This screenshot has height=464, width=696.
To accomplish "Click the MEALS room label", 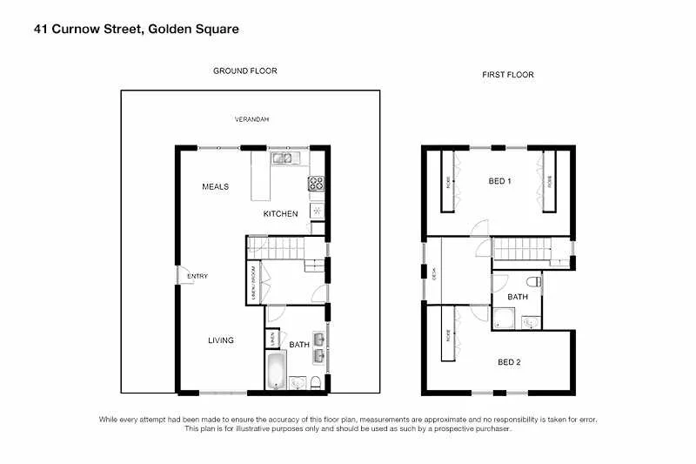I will tap(215, 186).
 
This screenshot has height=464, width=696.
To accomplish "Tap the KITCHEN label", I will tap(280, 213).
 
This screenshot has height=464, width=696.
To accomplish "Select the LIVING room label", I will tap(220, 340).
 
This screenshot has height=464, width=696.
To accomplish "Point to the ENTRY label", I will tap(197, 277).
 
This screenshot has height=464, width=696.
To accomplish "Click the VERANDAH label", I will tap(250, 119).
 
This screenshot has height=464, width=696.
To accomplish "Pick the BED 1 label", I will tap(499, 180).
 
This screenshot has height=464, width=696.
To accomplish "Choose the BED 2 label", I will tap(510, 362).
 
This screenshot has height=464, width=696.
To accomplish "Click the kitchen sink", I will tap(284, 158).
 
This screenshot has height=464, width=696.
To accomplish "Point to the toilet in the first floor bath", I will tap(533, 281).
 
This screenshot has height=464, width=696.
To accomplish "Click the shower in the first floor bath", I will tap(528, 322).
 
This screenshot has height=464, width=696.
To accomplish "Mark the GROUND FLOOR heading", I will tap(245, 71).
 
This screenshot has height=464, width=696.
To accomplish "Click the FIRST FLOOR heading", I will tap(508, 75).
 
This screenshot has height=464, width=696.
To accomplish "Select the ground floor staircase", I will tap(277, 250).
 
